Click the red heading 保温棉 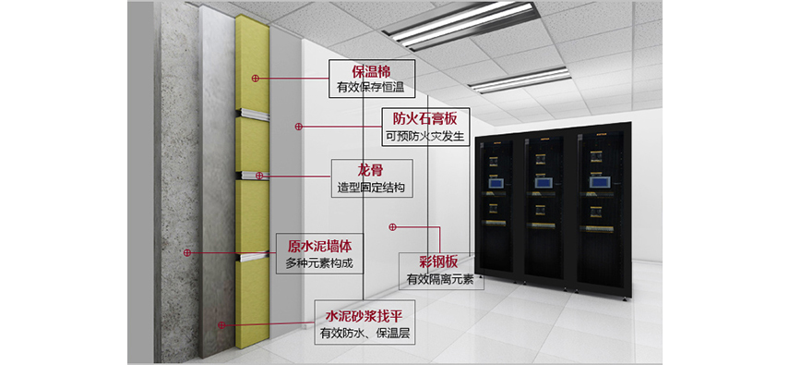coord(371,71)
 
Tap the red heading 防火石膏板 coord(425,119)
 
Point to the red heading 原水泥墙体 coord(319,247)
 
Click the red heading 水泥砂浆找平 coord(364,317)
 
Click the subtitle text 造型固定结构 coord(371,189)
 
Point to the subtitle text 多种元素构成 coord(318,263)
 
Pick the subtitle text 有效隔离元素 coord(440,279)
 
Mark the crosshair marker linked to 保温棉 coord(255,79)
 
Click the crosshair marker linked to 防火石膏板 coord(298,127)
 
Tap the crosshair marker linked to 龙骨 coord(259,176)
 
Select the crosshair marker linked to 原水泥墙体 coord(187,252)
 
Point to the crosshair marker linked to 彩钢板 coord(393,227)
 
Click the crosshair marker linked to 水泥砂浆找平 coord(221,325)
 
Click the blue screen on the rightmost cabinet coord(597,181)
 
